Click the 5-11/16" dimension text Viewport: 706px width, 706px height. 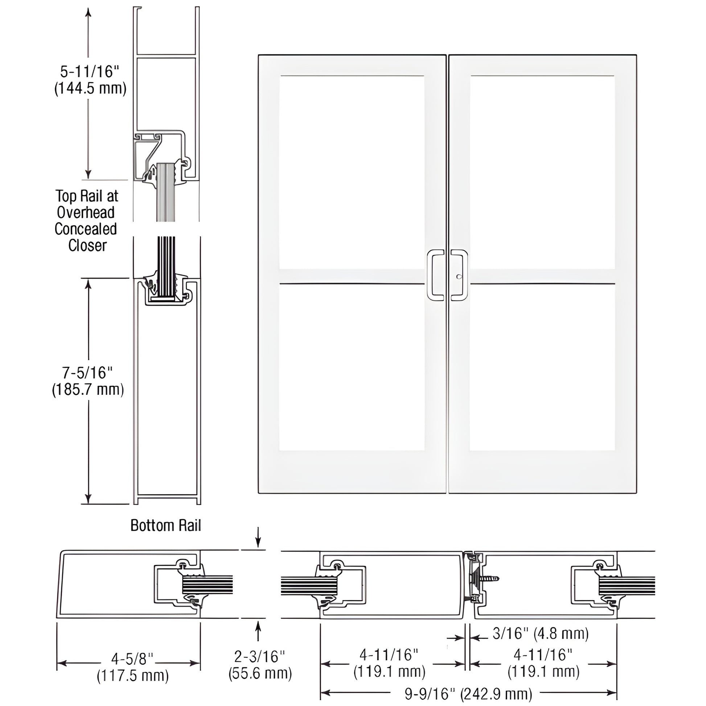point(90,71)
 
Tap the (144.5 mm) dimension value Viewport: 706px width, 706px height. point(90,89)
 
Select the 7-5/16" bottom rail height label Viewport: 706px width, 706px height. point(87,373)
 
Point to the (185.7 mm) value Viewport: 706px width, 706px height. point(88,390)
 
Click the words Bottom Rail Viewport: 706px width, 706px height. point(165,525)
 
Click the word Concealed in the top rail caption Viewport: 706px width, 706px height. point(86,229)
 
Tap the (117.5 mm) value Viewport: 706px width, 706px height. point(133,676)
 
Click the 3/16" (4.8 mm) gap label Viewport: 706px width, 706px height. point(541,633)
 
